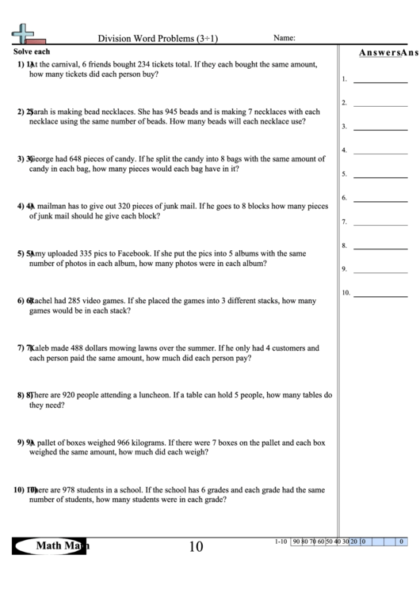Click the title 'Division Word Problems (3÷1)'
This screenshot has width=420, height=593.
158,38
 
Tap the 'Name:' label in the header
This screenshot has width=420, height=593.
284,37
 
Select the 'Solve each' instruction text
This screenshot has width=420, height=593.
32,51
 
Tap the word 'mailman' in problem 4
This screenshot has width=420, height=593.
52,207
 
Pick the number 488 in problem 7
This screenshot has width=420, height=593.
89,348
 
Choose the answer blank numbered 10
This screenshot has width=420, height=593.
380,293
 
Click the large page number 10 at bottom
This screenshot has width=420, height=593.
196,546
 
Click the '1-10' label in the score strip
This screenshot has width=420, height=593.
281,542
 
